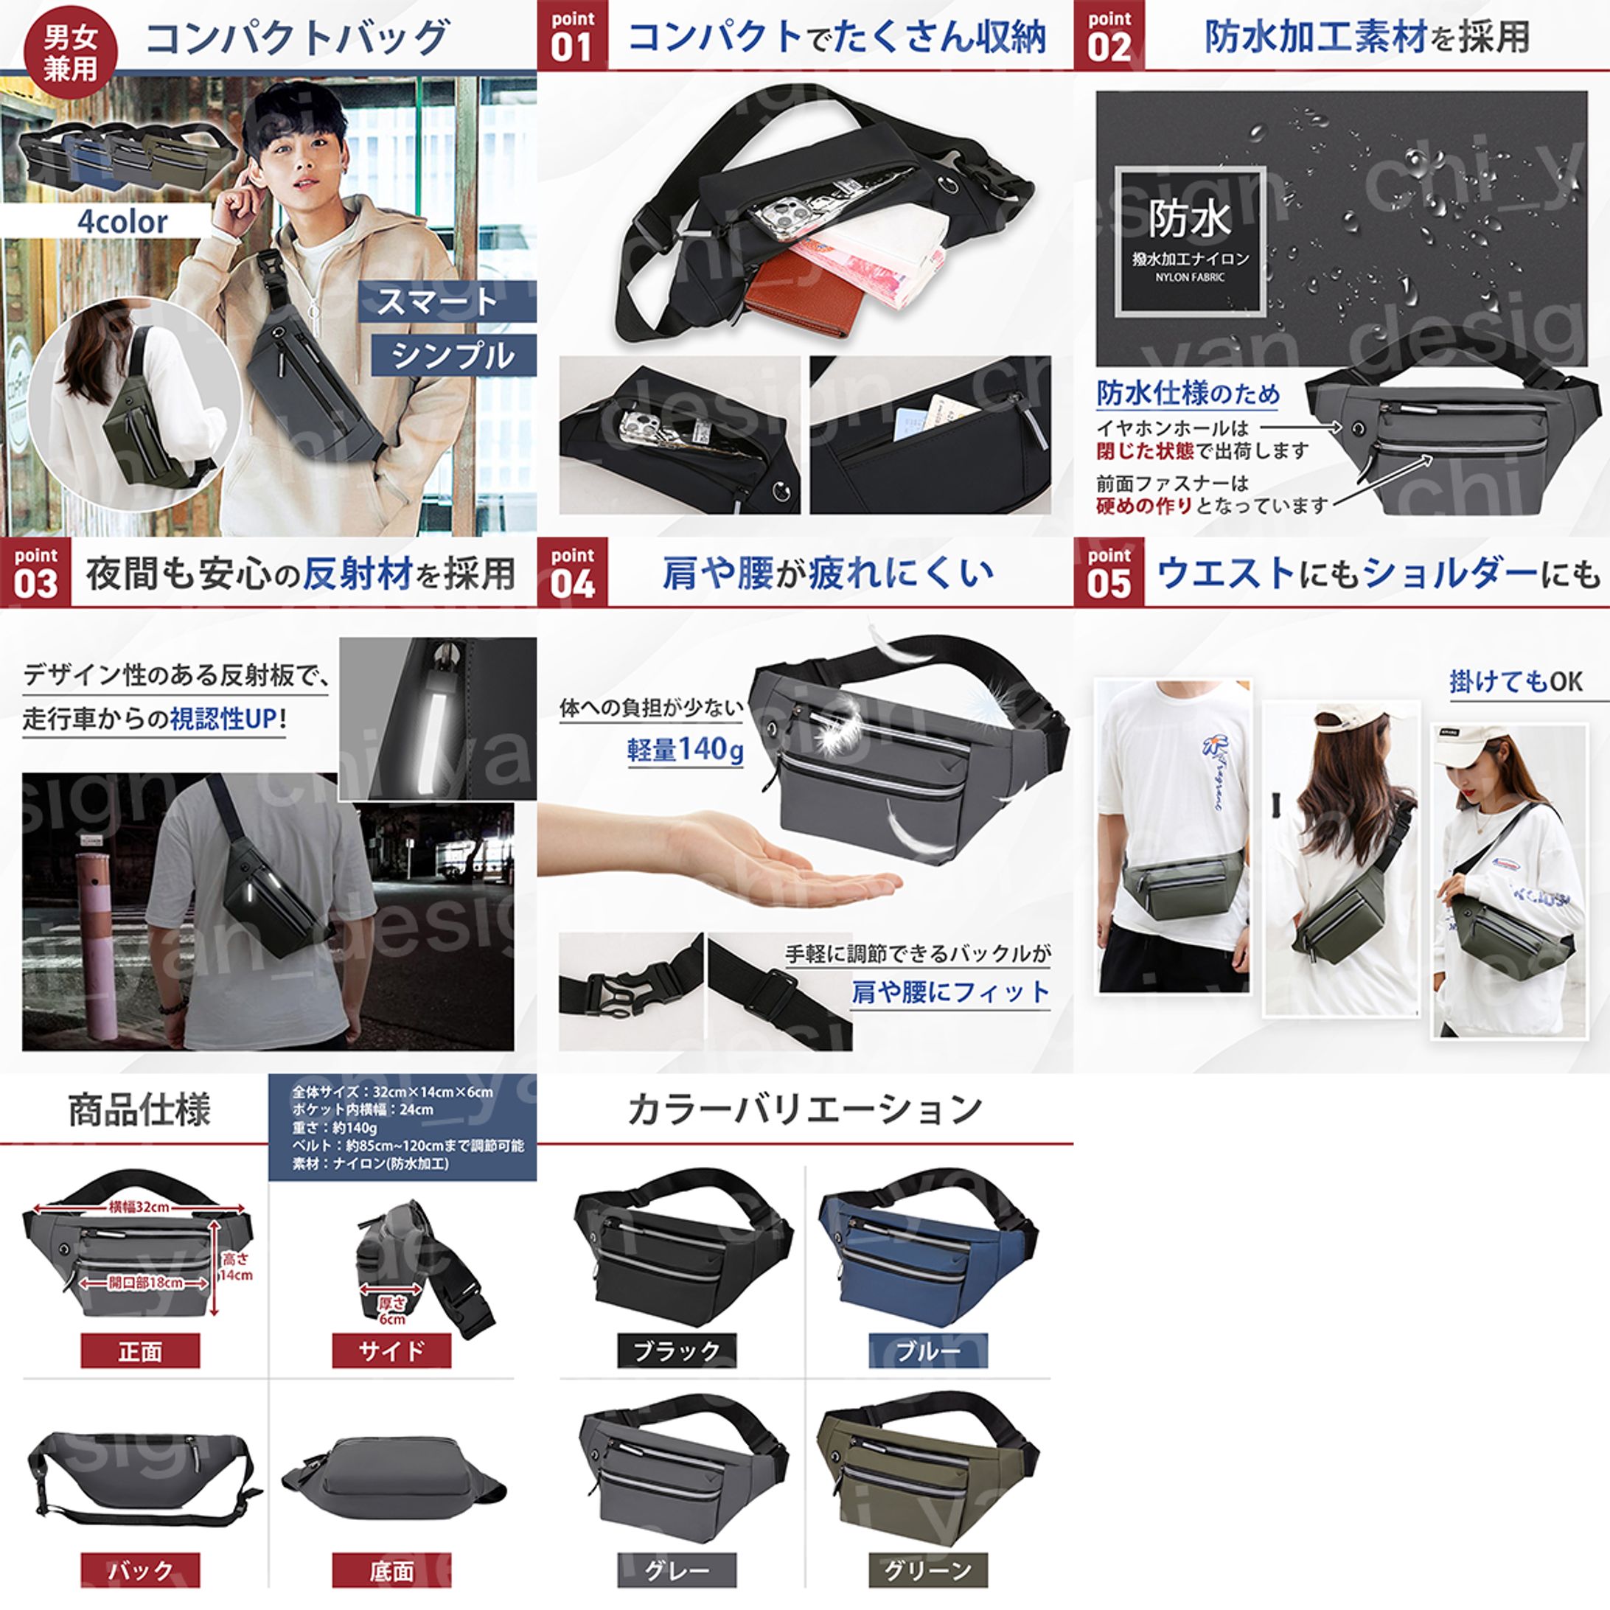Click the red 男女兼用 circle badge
click(71, 52)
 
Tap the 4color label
click(122, 222)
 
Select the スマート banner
click(447, 301)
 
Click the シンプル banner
click(453, 355)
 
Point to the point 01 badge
click(573, 35)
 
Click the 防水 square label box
click(1190, 240)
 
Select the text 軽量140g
click(685, 749)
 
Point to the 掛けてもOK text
click(1516, 682)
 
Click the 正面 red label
click(140, 1351)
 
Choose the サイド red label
click(391, 1351)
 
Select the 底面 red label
click(391, 1571)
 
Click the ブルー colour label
click(928, 1351)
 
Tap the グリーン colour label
click(928, 1571)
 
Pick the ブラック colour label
click(677, 1351)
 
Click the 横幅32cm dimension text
click(139, 1207)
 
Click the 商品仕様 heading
click(139, 1110)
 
